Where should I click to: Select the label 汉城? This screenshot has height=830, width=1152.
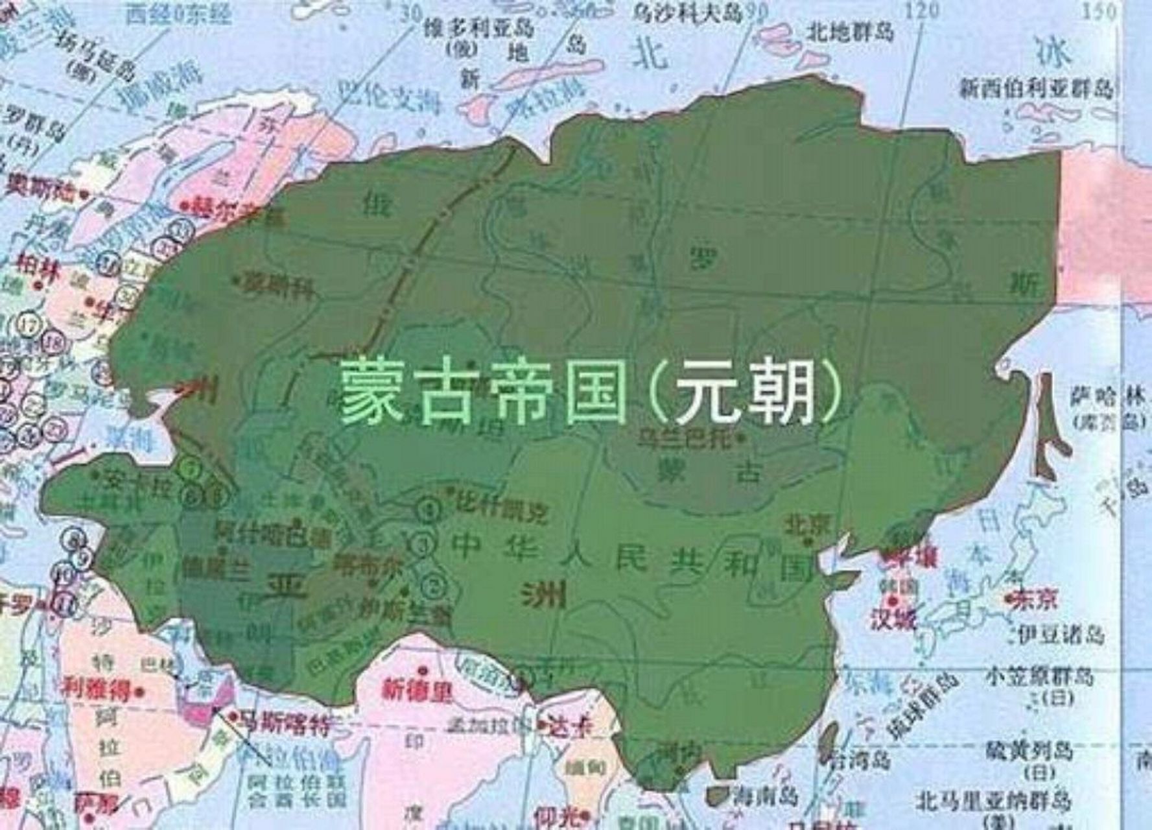[893, 619]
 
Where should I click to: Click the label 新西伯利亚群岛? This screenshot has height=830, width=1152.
[1035, 89]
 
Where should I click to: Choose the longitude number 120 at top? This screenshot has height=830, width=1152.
[923, 10]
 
